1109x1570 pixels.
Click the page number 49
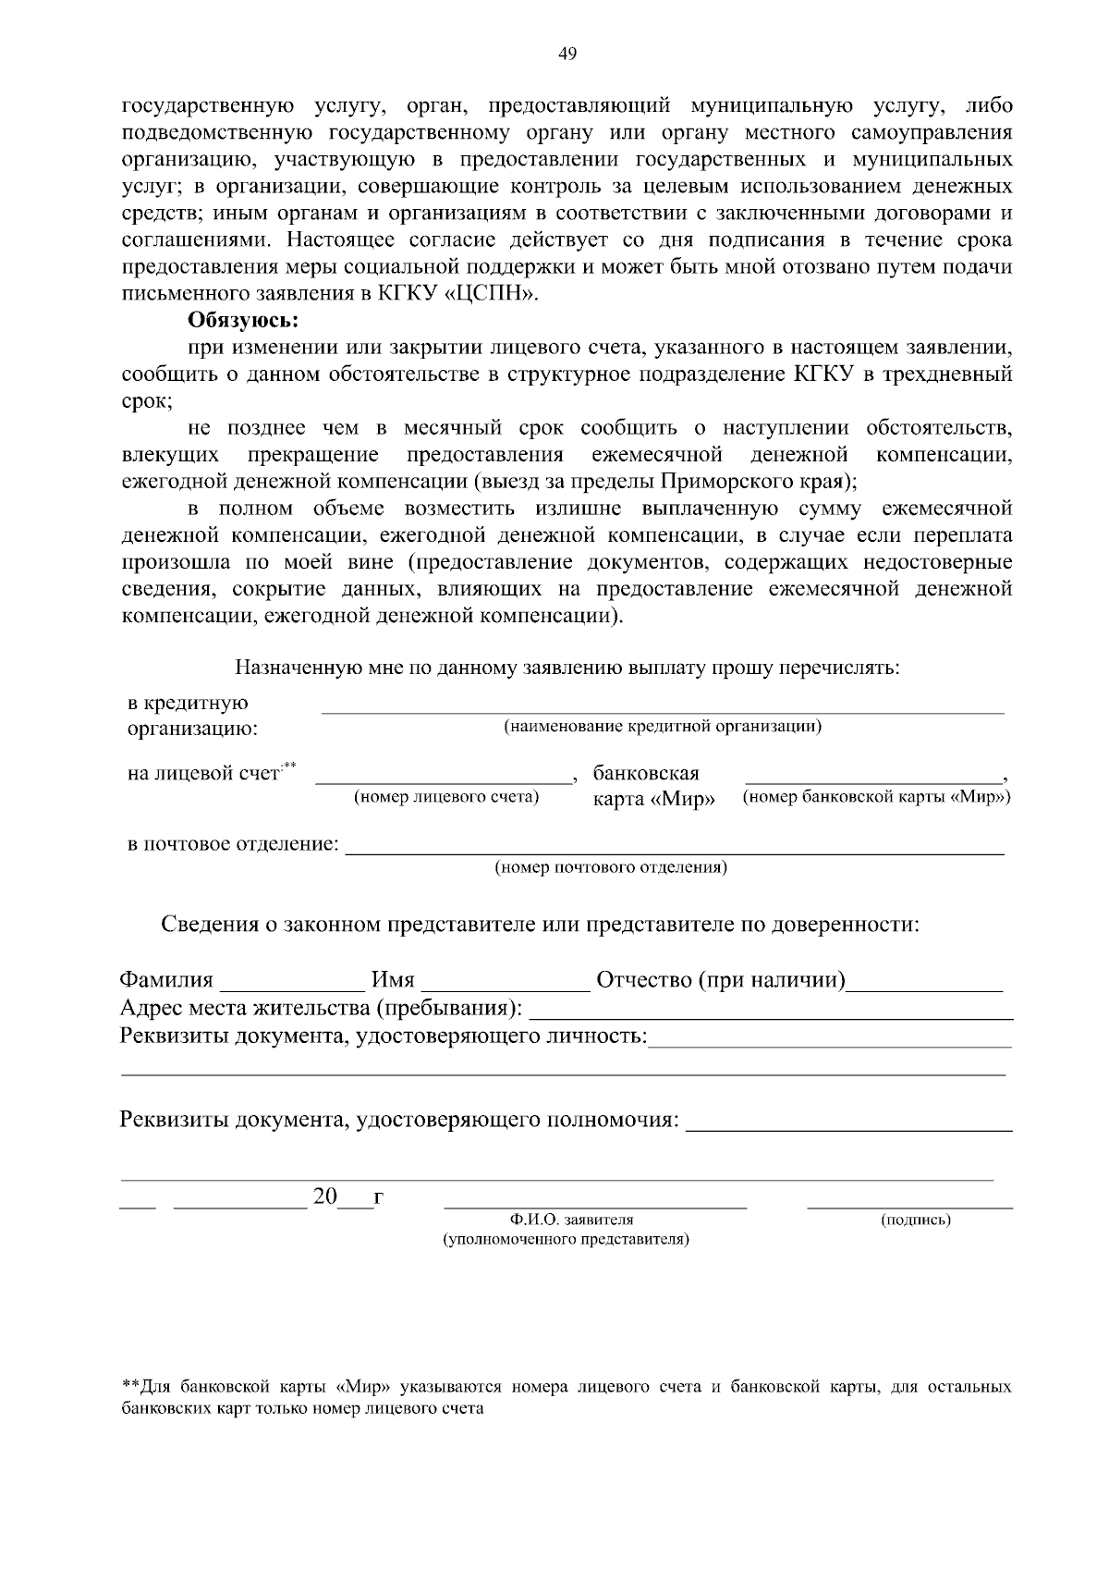[x=567, y=55]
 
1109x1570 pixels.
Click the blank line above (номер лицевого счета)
[x=445, y=782]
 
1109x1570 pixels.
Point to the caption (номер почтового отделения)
[x=611, y=868]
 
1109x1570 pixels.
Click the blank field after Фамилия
[x=292, y=988]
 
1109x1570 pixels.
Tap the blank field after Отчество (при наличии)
[x=926, y=988]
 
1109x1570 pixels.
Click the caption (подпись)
[x=916, y=1220]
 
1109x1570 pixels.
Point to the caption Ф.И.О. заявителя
[x=570, y=1220]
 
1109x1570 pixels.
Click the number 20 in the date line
[x=325, y=1196]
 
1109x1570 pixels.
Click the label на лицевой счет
[x=202, y=773]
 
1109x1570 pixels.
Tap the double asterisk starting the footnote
[x=130, y=1387]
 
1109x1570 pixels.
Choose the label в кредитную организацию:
[x=191, y=716]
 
